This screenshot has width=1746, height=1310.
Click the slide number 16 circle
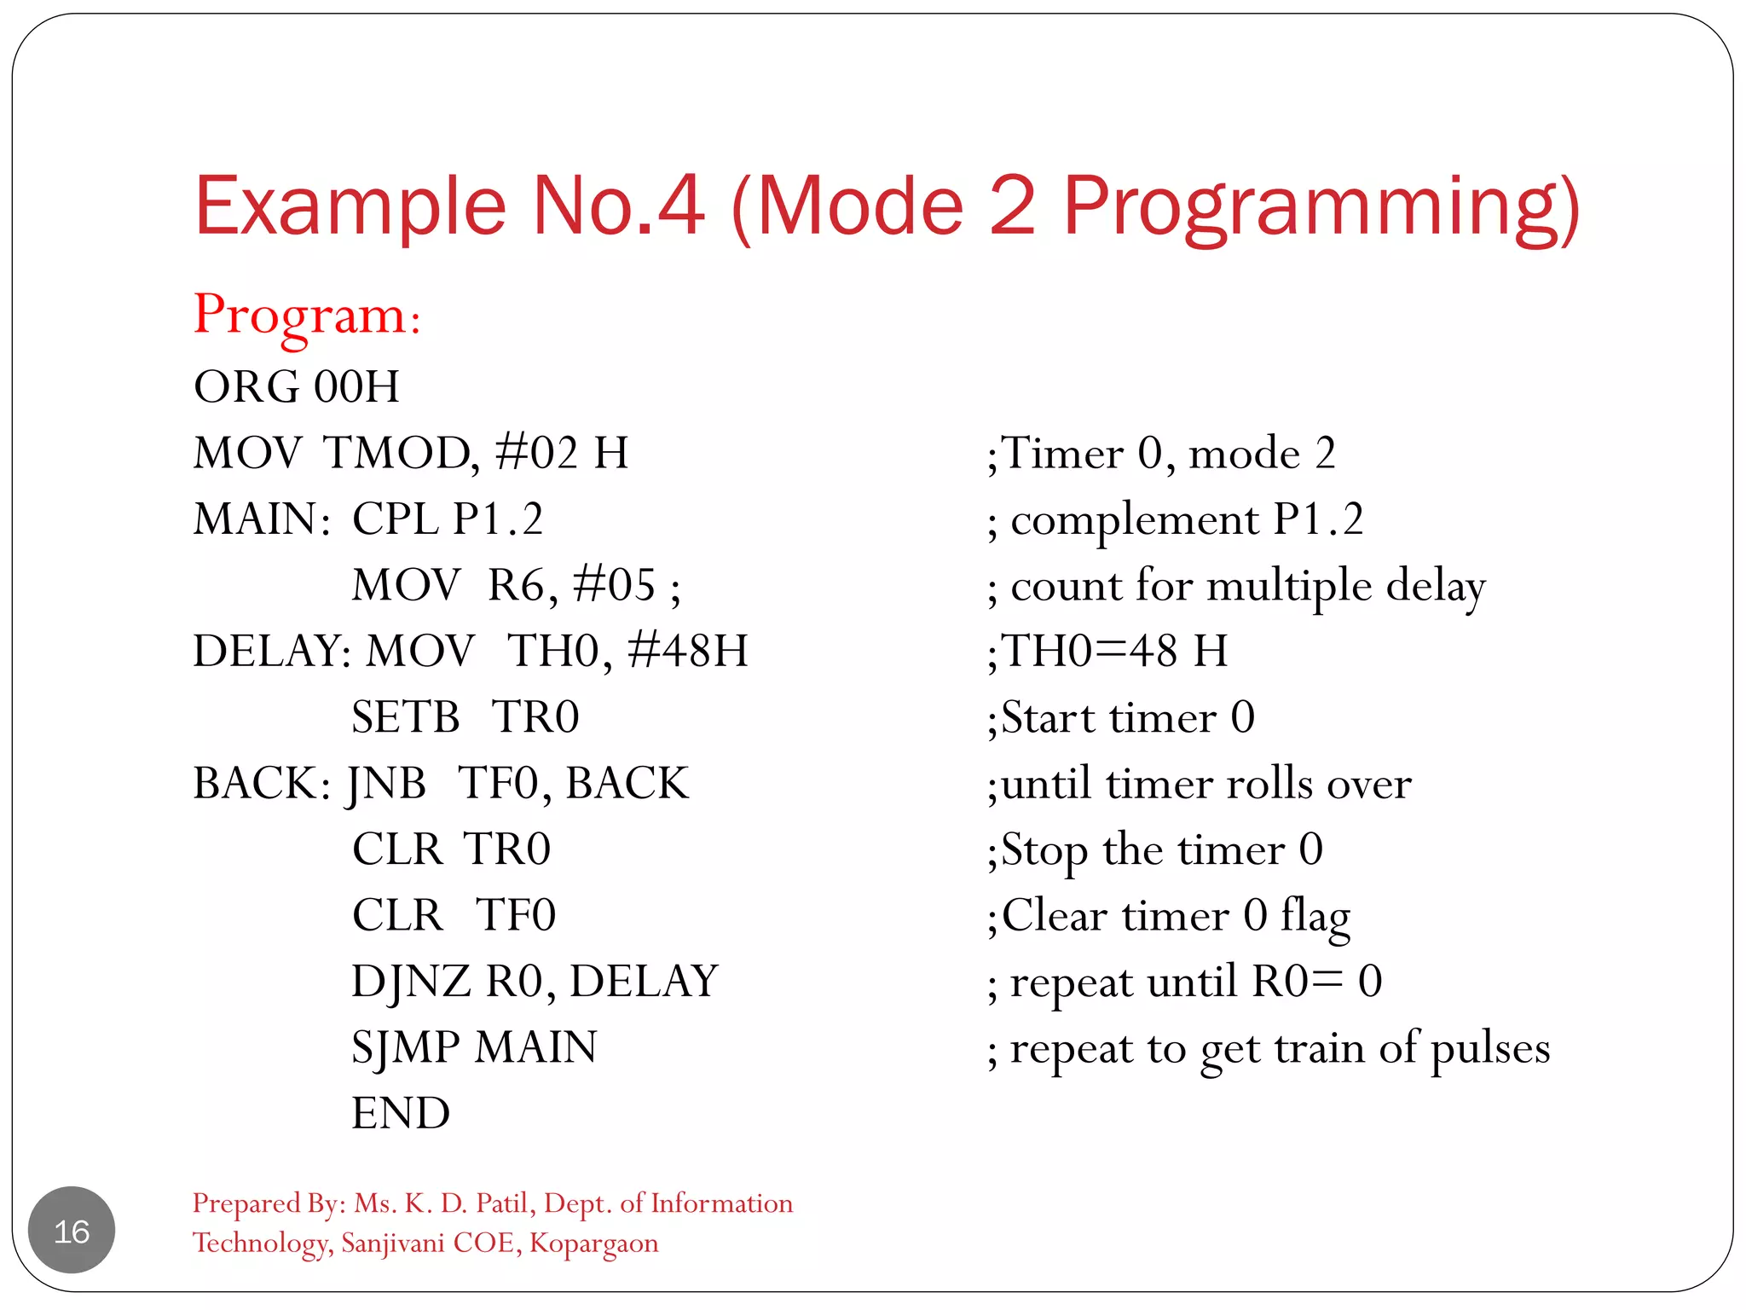coord(72,1230)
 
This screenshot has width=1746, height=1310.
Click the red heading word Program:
coord(307,316)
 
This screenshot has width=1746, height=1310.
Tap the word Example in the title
coord(350,207)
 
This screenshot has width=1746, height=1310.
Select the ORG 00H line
coord(296,386)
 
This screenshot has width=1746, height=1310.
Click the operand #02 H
coord(562,453)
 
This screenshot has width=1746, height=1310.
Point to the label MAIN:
coord(262,519)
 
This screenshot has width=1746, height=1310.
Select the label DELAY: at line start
coord(271,652)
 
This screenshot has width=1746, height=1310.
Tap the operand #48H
coord(687,652)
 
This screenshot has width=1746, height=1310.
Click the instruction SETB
coord(406,717)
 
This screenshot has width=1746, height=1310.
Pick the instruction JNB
coord(386,784)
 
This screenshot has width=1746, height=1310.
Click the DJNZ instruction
coord(410,982)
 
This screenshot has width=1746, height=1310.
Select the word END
coord(401,1114)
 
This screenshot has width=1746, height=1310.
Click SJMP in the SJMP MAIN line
coord(405,1048)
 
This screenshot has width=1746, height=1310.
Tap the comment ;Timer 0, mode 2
coord(1160,453)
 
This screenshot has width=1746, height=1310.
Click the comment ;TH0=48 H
coord(1107,652)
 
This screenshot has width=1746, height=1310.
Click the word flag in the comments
coord(1315,916)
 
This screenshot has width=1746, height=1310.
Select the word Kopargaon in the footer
coord(593,1243)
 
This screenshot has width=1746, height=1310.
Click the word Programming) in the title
coord(1321,207)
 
